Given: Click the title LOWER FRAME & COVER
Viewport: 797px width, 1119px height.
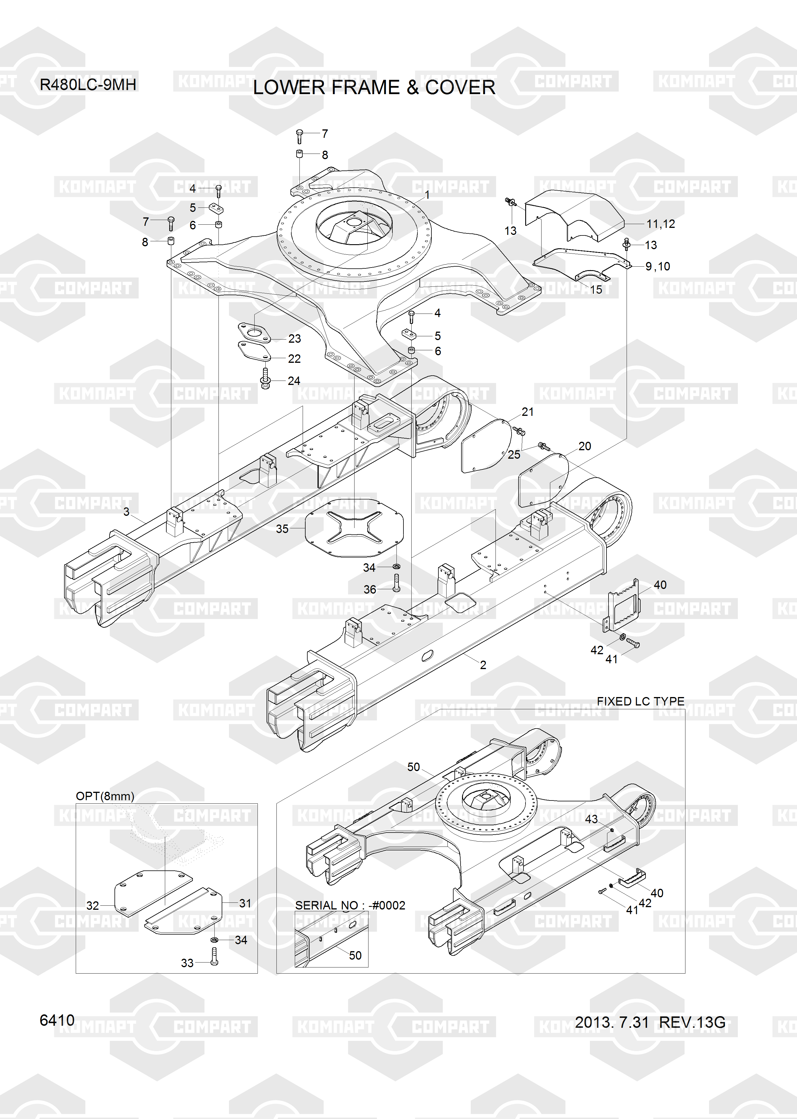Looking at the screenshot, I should [374, 88].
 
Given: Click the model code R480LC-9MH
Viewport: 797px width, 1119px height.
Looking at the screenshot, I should [88, 85].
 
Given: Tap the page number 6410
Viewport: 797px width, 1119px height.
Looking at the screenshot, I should [57, 1020].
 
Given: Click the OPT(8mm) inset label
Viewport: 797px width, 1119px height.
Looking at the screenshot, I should [105, 796].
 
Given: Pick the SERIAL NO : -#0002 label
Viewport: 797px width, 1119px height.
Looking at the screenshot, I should [350, 905].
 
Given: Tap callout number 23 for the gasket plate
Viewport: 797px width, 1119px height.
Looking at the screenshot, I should [295, 339].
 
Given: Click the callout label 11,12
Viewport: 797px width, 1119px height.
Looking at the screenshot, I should [661, 224].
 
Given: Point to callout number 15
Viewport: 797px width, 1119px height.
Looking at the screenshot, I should [596, 290].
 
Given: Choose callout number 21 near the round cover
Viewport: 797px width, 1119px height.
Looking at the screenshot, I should [528, 412].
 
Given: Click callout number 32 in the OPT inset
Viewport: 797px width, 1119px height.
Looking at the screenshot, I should [93, 905].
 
